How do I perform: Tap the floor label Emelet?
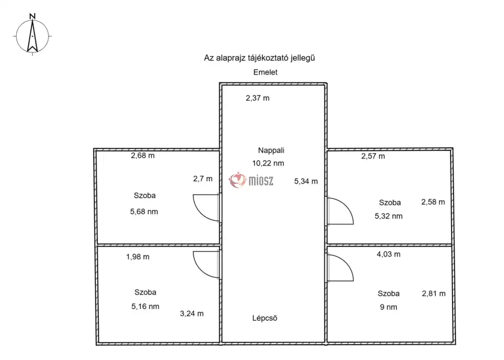tap(265, 72)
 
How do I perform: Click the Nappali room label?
tap(271, 150)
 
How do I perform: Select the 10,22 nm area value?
tap(268, 163)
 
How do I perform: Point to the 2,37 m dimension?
tap(258, 98)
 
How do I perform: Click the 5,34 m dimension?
tap(306, 182)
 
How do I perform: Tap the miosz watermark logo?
tap(251, 180)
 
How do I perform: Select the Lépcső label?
tap(265, 318)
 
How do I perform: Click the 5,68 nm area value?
tap(144, 212)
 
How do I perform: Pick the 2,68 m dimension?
tap(143, 156)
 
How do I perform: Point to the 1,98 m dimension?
tap(138, 257)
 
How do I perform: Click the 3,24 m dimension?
tap(192, 314)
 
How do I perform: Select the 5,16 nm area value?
tap(145, 307)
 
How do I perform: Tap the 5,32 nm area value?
tap(389, 216)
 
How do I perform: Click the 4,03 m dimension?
tap(389, 254)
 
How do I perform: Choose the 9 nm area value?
tap(389, 307)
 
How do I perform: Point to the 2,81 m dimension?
tap(433, 293)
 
